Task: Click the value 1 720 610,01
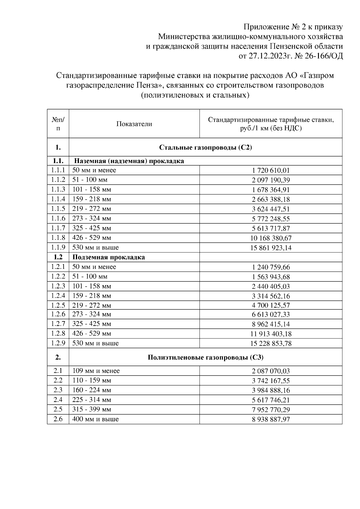(x=271, y=171)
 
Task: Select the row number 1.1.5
(x=58, y=209)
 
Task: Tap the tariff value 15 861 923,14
(x=271, y=248)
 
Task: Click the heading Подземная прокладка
(x=109, y=257)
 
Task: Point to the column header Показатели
(x=134, y=124)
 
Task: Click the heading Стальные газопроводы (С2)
(x=205, y=147)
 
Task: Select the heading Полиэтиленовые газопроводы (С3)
(x=205, y=357)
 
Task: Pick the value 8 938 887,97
(x=271, y=419)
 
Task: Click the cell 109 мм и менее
(x=96, y=371)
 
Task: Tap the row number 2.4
(x=58, y=400)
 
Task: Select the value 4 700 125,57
(x=271, y=305)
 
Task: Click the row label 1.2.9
(x=58, y=343)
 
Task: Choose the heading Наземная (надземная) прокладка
(x=129, y=161)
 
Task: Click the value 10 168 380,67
(x=271, y=238)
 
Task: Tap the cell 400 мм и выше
(x=95, y=419)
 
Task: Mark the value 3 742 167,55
(x=271, y=381)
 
